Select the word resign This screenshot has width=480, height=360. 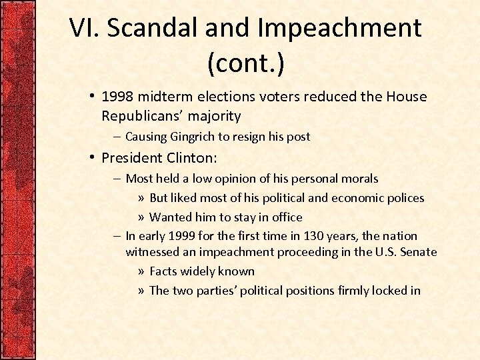[x=249, y=137]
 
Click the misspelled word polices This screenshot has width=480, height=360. [x=404, y=198]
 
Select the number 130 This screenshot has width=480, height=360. [x=315, y=236]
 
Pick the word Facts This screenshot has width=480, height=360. [x=164, y=271]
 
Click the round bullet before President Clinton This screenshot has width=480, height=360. [x=93, y=158]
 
